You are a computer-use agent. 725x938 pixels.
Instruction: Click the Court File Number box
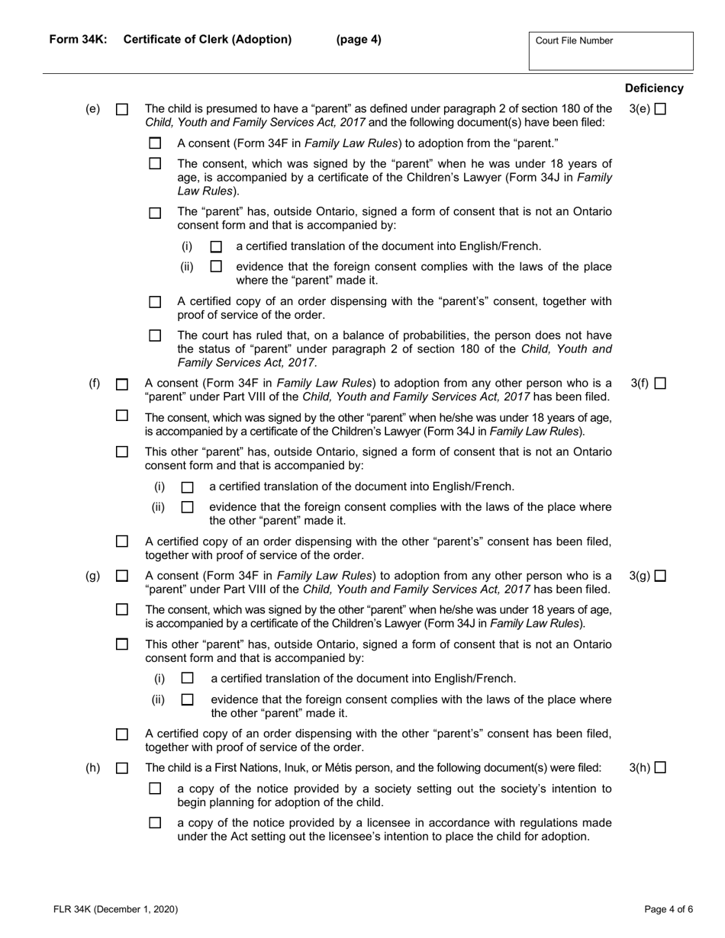tap(611, 51)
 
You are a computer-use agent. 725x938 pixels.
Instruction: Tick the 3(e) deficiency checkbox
tap(660, 109)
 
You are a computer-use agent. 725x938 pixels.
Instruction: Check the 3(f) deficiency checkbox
tap(660, 384)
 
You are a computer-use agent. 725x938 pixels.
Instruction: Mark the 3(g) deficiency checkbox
tap(660, 576)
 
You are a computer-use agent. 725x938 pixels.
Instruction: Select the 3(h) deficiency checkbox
tap(660, 768)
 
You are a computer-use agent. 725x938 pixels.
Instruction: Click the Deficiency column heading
tap(654, 88)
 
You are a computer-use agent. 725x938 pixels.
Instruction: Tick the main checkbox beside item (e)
tap(122, 110)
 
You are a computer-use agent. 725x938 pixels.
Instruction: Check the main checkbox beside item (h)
tap(122, 769)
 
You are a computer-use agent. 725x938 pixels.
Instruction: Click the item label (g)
tap(92, 576)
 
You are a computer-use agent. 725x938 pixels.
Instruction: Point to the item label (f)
tap(94, 384)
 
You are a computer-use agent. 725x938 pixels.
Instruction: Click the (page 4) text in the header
tap(359, 40)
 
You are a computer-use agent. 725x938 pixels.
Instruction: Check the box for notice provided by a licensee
tap(156, 823)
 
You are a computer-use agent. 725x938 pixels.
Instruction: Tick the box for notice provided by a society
tap(156, 789)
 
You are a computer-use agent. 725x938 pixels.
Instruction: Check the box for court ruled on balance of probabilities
tap(156, 336)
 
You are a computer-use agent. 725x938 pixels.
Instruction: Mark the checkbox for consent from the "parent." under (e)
tap(156, 143)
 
